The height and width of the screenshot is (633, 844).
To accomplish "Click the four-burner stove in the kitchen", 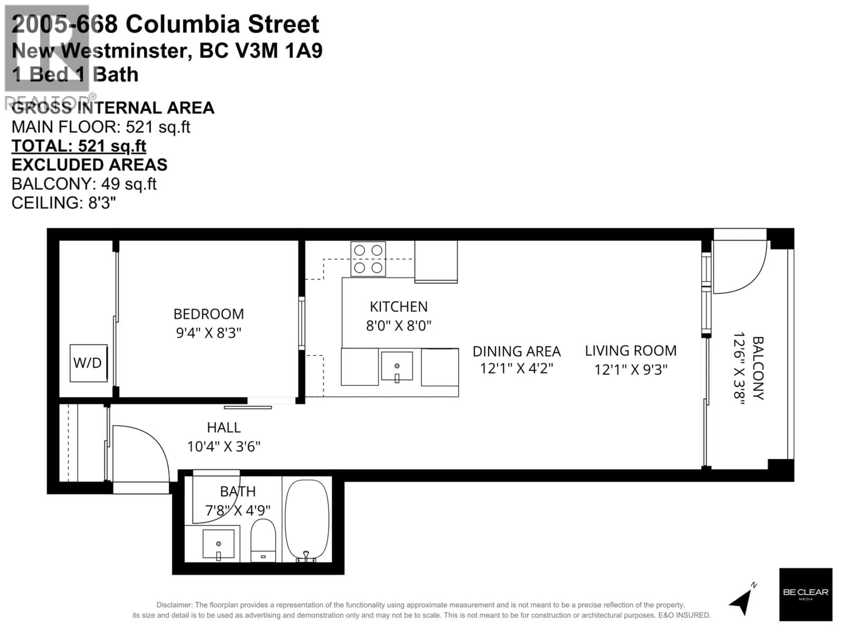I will pos(368,259).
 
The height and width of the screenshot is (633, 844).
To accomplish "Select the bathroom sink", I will pos(218,544).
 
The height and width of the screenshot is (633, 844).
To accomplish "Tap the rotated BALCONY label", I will pos(758,368).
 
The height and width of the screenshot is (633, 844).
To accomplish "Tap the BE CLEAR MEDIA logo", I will pos(806,594).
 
